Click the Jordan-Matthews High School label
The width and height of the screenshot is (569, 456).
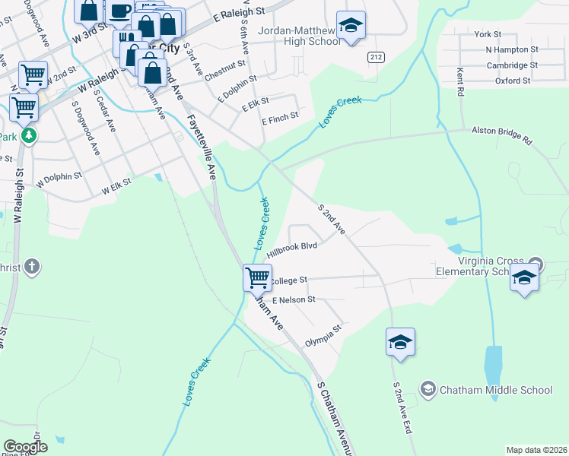pos(300,36)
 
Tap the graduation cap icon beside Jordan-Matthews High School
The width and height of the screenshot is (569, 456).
pos(351,27)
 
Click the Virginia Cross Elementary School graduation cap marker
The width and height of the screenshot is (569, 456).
pos(525,277)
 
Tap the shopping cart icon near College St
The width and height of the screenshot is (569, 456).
pos(258,277)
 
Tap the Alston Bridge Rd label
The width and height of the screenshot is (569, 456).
pos(502,135)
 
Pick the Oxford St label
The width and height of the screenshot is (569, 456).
pos(512,81)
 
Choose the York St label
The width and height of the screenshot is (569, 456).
pos(488,34)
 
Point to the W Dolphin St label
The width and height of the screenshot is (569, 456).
pos(59,177)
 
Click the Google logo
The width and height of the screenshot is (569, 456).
pos(25,447)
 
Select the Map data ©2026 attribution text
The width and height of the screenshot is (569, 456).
pos(536,450)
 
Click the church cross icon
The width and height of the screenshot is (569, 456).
pos(31,267)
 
